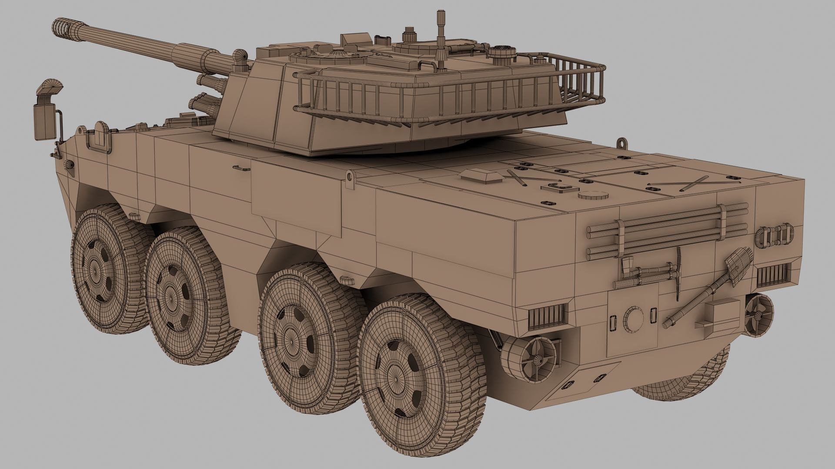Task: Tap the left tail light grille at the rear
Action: [x=548, y=316]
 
